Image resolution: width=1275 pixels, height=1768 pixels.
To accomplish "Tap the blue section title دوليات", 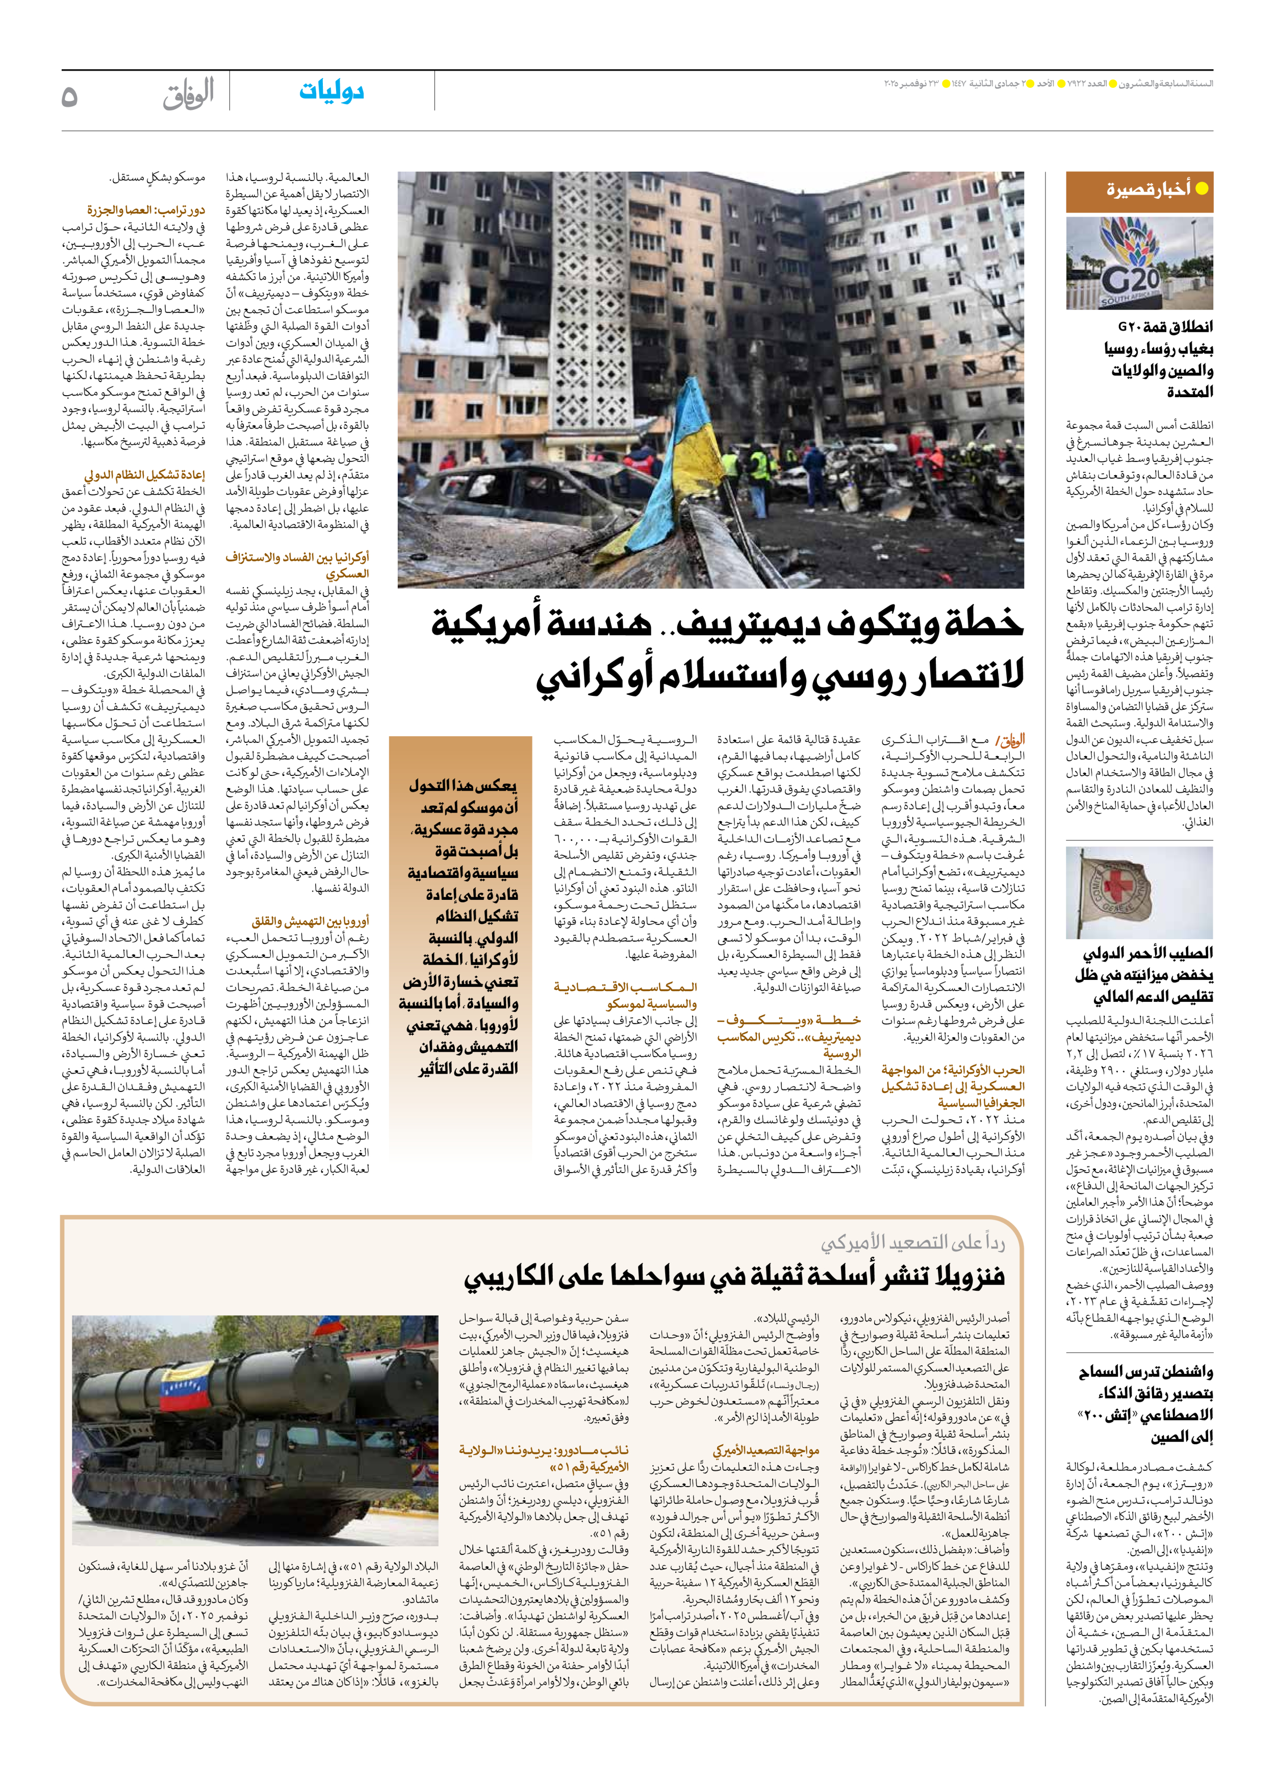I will click(x=331, y=92).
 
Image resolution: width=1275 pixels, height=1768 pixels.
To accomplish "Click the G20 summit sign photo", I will click(x=1139, y=264).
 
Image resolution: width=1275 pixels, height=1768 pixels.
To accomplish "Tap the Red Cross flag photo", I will click(x=1139, y=893).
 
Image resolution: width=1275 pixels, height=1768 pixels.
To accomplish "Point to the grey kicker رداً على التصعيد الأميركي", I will click(x=912, y=1242).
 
